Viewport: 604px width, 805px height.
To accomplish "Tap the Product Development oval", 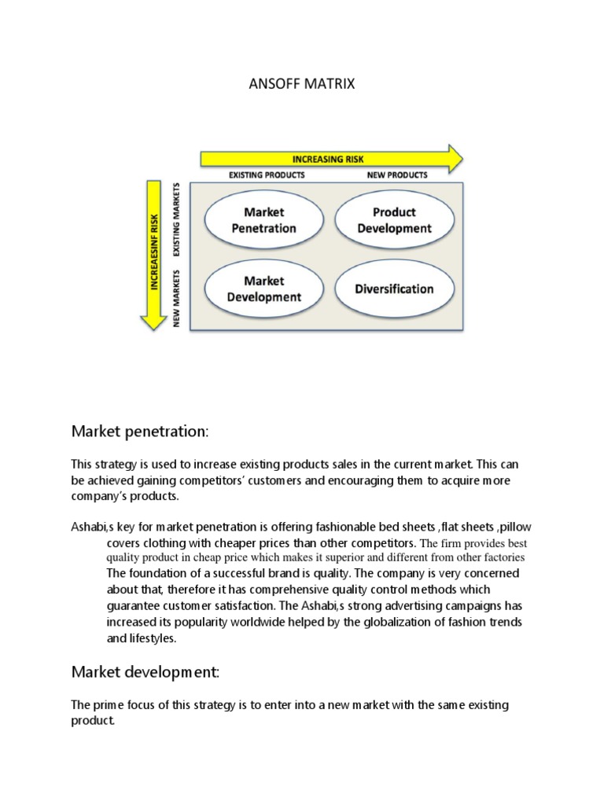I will [394, 220].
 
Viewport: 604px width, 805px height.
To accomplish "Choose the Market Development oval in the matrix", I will [263, 289].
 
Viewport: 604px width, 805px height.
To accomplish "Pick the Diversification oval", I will [394, 289].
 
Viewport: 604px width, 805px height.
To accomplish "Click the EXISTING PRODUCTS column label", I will [266, 175].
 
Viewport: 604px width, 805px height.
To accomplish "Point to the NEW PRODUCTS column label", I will [397, 175].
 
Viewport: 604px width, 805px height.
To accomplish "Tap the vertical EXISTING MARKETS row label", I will [177, 220].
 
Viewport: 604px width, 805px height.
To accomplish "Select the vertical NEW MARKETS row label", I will [177, 297].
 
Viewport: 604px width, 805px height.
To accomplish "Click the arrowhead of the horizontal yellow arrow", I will [453, 158].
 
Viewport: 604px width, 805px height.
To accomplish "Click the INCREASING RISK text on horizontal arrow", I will [328, 159].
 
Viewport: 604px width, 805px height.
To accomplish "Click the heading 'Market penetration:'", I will [140, 431].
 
